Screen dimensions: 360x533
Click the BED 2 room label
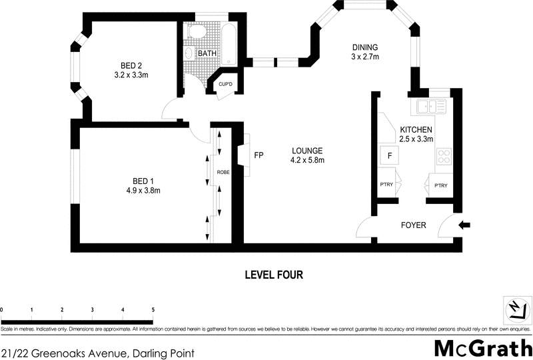[131, 65]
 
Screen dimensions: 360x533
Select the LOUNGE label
[306, 151]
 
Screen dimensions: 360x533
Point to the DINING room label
[365, 47]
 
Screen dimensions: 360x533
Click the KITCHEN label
[416, 129]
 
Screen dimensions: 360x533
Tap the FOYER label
[413, 225]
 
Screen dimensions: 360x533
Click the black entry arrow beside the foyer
[464, 225]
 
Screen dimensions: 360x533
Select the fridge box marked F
[389, 156]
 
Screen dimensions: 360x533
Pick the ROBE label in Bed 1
[223, 172]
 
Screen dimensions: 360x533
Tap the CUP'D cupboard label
[225, 84]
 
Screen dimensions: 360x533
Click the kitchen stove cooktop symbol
[444, 157]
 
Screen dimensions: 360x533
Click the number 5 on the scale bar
[153, 310]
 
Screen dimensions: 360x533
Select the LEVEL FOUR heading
[274, 274]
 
